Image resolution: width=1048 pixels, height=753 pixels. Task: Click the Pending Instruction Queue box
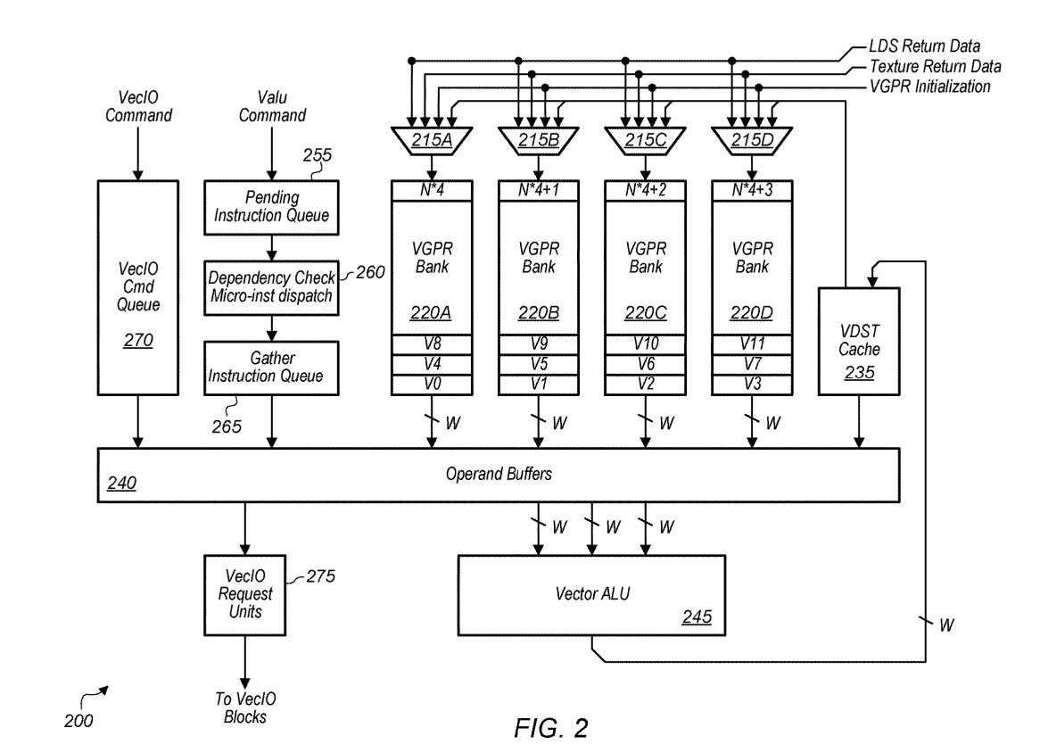271,207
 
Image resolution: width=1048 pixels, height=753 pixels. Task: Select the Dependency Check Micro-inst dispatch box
271,287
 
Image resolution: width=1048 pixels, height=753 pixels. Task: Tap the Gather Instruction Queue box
271,368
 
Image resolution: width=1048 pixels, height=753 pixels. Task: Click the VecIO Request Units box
244,594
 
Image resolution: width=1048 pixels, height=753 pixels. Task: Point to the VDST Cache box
859,341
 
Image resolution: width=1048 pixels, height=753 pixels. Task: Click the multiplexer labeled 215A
432,140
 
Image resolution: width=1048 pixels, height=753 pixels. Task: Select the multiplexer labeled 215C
645,140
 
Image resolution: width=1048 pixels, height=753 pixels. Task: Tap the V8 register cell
432,344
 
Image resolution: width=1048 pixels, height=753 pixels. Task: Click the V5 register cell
539,365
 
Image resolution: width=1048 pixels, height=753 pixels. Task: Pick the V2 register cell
645,385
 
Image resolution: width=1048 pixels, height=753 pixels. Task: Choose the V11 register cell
752,344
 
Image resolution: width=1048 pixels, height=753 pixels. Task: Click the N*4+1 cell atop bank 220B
539,191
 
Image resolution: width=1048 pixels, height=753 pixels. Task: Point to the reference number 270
137,341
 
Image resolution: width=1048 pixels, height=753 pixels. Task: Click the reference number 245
697,616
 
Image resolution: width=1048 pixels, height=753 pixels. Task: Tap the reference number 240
121,483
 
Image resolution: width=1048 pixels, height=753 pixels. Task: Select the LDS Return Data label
924,46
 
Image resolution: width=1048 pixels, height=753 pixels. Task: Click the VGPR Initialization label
929,87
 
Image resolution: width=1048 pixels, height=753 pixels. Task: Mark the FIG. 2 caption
550,728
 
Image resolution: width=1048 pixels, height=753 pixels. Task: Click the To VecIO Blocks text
244,707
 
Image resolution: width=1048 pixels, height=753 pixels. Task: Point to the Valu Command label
272,106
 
